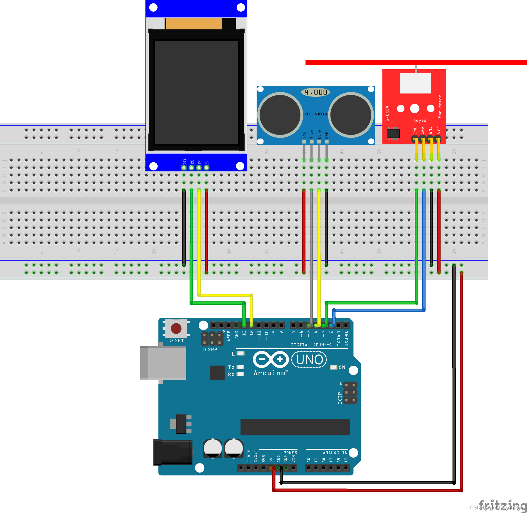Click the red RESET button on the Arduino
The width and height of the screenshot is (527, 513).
[x=176, y=328]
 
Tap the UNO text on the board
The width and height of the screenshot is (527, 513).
[x=309, y=360]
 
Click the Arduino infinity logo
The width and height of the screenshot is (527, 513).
[x=270, y=359]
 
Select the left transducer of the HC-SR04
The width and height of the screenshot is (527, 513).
[x=280, y=115]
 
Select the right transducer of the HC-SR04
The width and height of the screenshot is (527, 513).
[x=351, y=115]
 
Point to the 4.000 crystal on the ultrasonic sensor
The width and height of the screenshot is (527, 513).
[x=315, y=92]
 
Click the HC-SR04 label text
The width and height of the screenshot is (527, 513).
[x=316, y=114]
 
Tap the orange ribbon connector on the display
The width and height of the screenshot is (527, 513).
[x=194, y=24]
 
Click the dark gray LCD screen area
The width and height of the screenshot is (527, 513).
[x=196, y=92]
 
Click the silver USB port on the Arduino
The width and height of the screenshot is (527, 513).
[x=163, y=363]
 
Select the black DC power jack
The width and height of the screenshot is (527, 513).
[x=173, y=452]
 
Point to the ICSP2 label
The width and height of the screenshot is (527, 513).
[x=209, y=350]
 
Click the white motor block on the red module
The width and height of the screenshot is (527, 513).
[x=415, y=83]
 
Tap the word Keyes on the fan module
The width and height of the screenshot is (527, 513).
[x=419, y=120]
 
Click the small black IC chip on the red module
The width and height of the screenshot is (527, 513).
[x=393, y=133]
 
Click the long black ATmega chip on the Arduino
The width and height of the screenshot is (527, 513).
[x=295, y=427]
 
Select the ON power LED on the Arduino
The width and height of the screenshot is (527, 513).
[x=333, y=367]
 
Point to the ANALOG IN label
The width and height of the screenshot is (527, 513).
[x=335, y=453]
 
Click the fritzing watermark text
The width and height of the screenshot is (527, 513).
[x=503, y=504]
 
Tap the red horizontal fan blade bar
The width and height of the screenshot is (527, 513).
[x=416, y=63]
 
